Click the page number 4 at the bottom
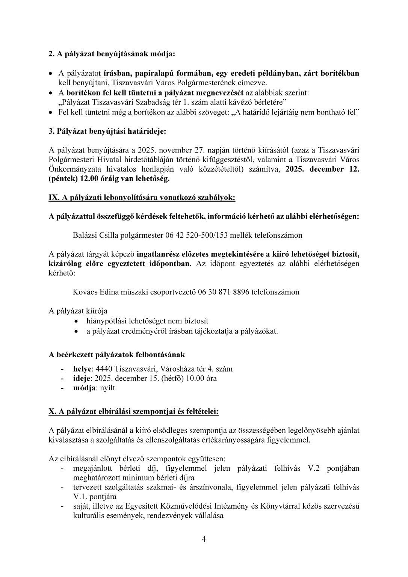(204, 540)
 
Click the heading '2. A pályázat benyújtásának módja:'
(112, 54)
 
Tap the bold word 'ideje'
(82, 378)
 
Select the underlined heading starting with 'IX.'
(142, 198)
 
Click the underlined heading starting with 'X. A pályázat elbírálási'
(133, 411)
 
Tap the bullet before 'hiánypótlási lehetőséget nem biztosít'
(77, 322)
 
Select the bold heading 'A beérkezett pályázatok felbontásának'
(117, 355)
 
